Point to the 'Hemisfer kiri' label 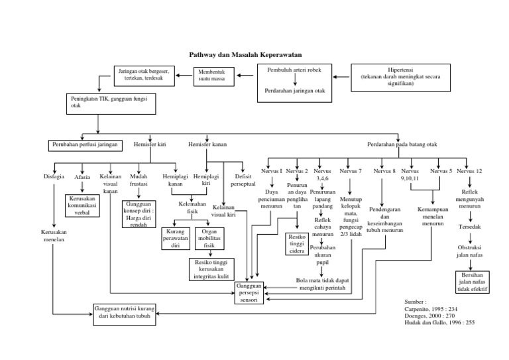[150, 143]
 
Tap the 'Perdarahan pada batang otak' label [403, 143]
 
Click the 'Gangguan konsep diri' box [139, 215]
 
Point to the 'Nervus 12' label [470, 171]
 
